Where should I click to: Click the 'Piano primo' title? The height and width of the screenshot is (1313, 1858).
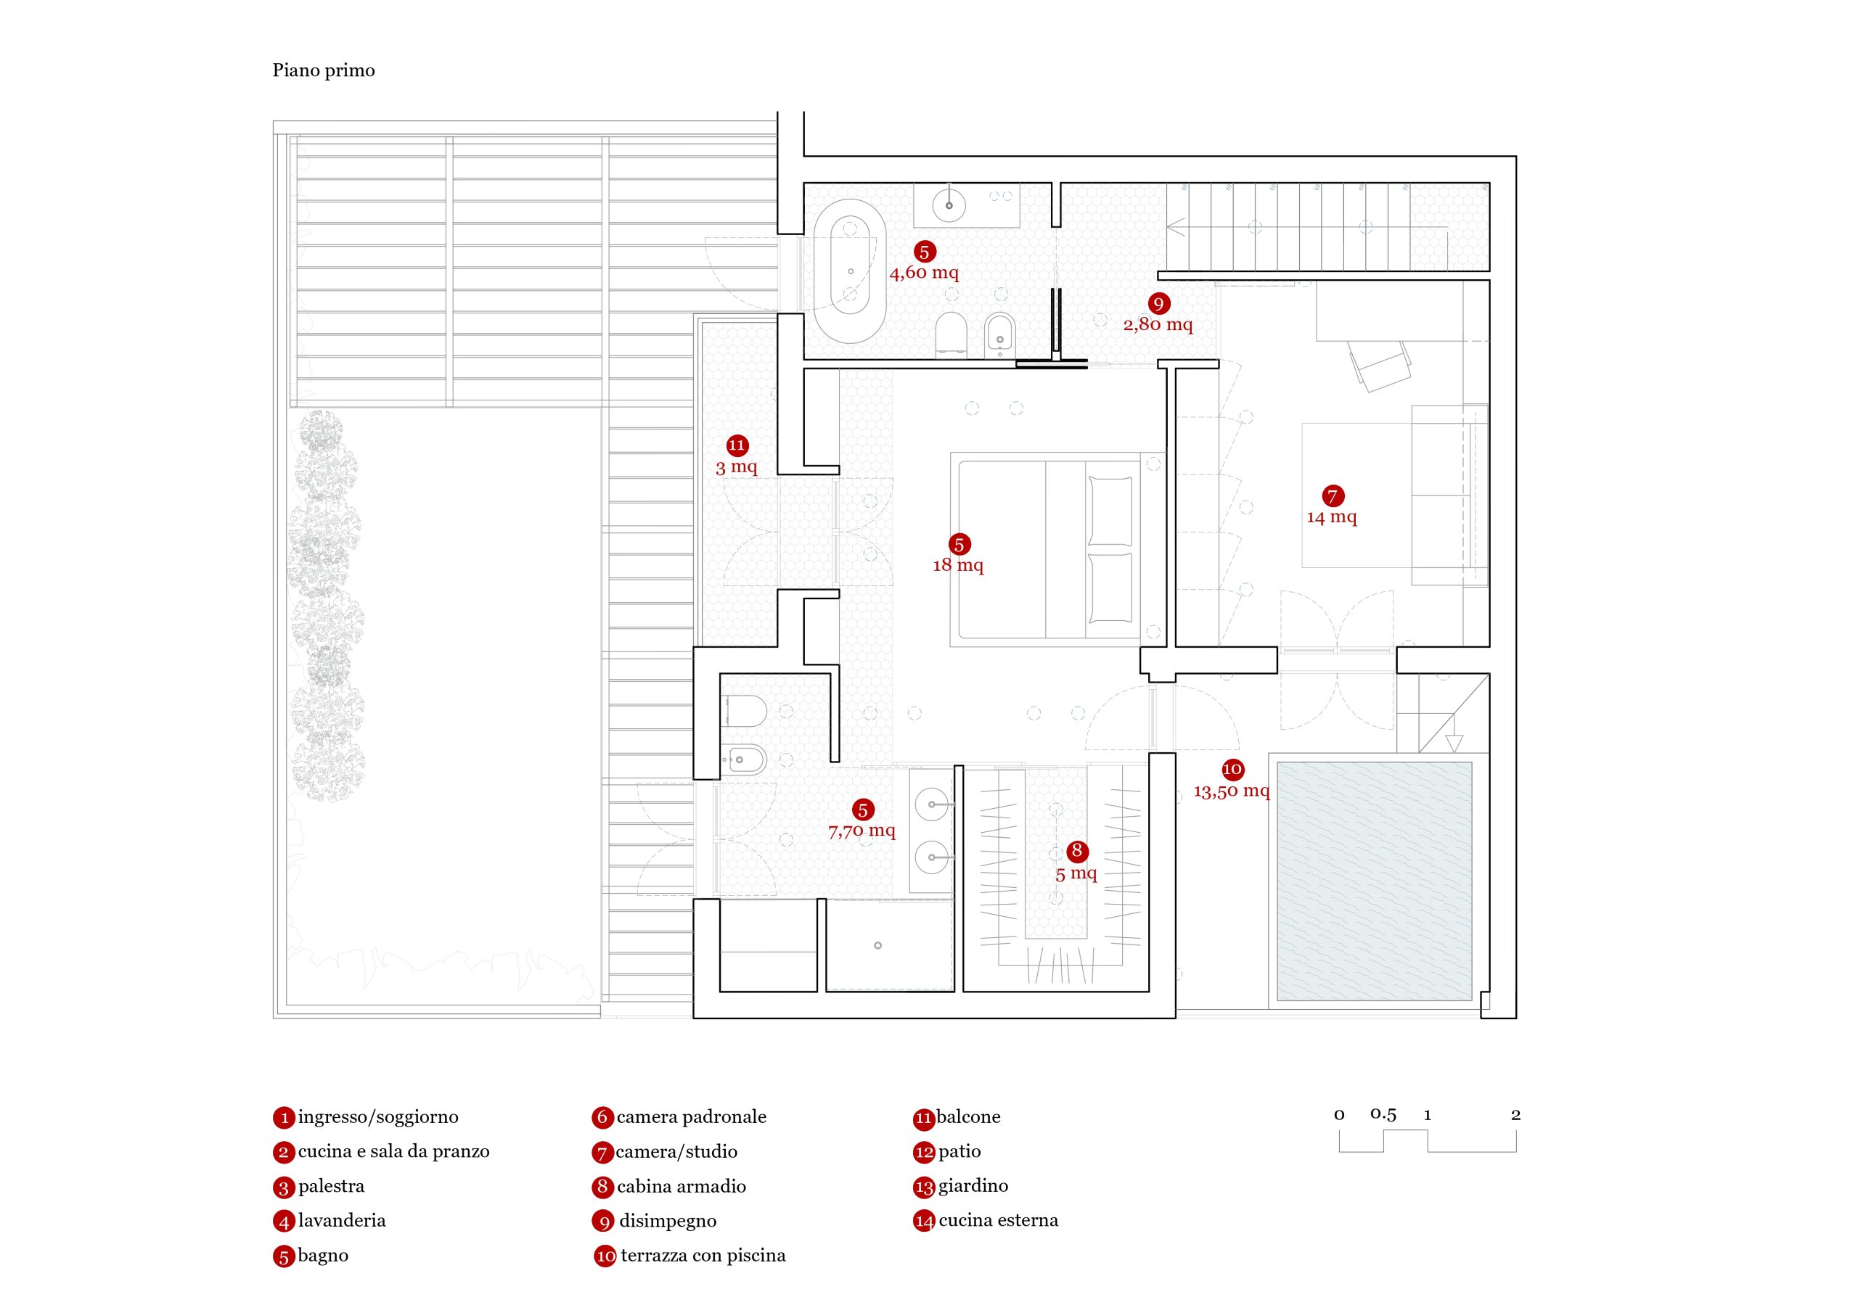[323, 70]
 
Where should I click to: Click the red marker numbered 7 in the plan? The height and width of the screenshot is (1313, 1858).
[1332, 496]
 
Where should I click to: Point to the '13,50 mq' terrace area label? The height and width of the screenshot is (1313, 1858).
[1231, 791]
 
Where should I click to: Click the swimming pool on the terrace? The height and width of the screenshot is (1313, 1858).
[1374, 880]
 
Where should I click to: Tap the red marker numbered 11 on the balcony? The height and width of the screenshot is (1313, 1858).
[737, 445]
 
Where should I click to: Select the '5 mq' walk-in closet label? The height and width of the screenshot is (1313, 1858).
[1076, 873]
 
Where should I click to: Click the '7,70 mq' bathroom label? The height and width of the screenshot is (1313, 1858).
[862, 831]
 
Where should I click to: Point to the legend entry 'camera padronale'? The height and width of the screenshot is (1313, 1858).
[690, 1116]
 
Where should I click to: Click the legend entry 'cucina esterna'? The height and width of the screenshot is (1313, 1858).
[998, 1220]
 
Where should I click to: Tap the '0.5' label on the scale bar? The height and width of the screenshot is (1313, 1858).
[1383, 1114]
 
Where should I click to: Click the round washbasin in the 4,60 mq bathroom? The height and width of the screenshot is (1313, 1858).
[949, 205]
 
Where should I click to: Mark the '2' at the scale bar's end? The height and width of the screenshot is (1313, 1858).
[1515, 1115]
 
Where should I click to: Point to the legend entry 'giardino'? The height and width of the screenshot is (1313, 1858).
[973, 1185]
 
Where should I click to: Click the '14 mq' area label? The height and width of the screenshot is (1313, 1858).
[1331, 517]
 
